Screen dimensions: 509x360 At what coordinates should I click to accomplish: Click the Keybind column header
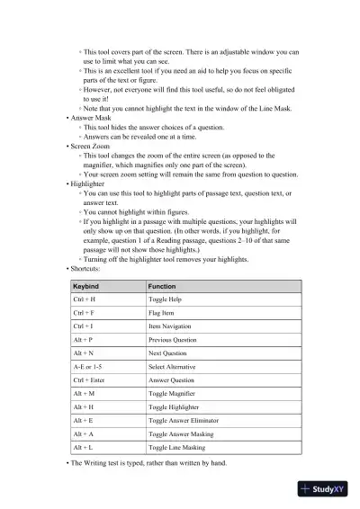tap(85, 285)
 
